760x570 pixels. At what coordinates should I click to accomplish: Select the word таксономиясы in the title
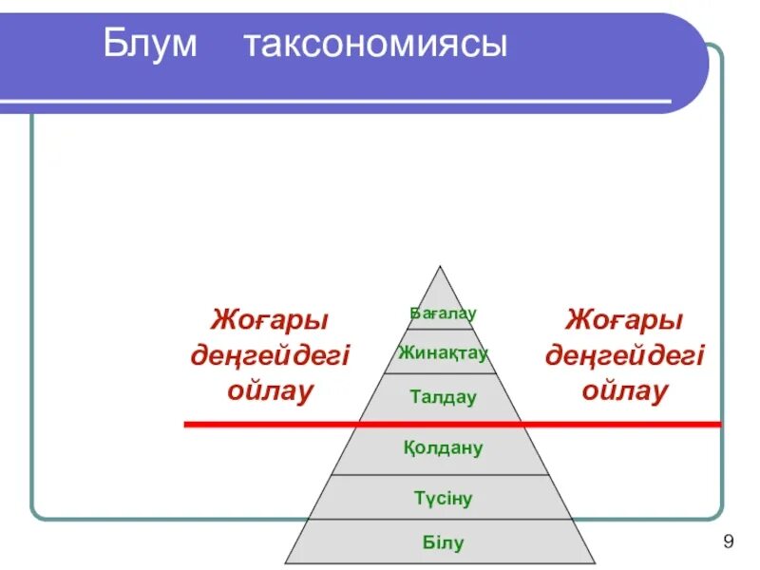point(375,44)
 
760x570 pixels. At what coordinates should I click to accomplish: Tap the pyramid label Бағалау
point(443,313)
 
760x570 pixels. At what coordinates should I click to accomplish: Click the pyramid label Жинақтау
point(443,353)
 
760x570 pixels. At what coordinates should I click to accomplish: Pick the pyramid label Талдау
point(443,397)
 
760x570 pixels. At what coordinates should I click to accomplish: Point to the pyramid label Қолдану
point(443,447)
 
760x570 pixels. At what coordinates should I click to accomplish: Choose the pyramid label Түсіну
point(443,498)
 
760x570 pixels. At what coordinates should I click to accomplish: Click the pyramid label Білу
point(443,543)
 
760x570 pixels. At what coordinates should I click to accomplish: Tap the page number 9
point(728,542)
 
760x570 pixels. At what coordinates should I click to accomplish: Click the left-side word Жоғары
point(270,319)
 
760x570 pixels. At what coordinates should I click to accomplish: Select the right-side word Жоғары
point(624,319)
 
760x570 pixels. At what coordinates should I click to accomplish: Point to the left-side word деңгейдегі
point(270,355)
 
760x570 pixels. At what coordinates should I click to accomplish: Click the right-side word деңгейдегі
point(624,355)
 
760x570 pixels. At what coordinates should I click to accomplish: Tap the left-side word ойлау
point(270,390)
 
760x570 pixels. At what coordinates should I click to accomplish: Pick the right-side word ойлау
point(624,390)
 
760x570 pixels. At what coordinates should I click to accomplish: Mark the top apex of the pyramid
point(440,267)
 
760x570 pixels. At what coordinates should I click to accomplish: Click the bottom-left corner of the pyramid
point(285,562)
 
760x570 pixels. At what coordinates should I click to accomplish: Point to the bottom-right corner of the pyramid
point(596,562)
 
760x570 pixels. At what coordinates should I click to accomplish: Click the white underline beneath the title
point(380,101)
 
